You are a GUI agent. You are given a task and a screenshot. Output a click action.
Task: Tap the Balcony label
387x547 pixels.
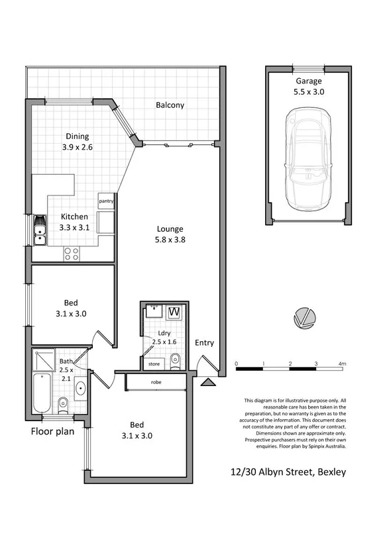(170, 105)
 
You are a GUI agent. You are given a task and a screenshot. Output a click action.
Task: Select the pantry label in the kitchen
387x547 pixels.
(105, 201)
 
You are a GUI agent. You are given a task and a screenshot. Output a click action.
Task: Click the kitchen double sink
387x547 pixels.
(39, 229)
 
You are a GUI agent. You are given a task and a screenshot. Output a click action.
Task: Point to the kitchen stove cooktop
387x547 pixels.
(71, 253)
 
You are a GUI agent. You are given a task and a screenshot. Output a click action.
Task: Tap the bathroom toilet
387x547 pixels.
(64, 402)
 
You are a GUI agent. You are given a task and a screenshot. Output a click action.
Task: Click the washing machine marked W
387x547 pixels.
(174, 312)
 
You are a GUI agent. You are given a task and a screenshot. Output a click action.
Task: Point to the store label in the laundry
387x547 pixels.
(154, 364)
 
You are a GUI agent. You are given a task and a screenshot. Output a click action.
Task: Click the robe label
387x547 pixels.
(156, 383)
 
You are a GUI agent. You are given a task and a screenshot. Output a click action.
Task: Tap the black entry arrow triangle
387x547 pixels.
(209, 381)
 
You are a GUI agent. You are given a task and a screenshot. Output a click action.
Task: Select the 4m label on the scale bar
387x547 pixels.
(342, 364)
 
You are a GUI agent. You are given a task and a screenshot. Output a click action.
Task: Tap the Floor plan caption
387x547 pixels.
(55, 432)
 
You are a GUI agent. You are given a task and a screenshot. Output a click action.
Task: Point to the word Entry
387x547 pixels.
(204, 342)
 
